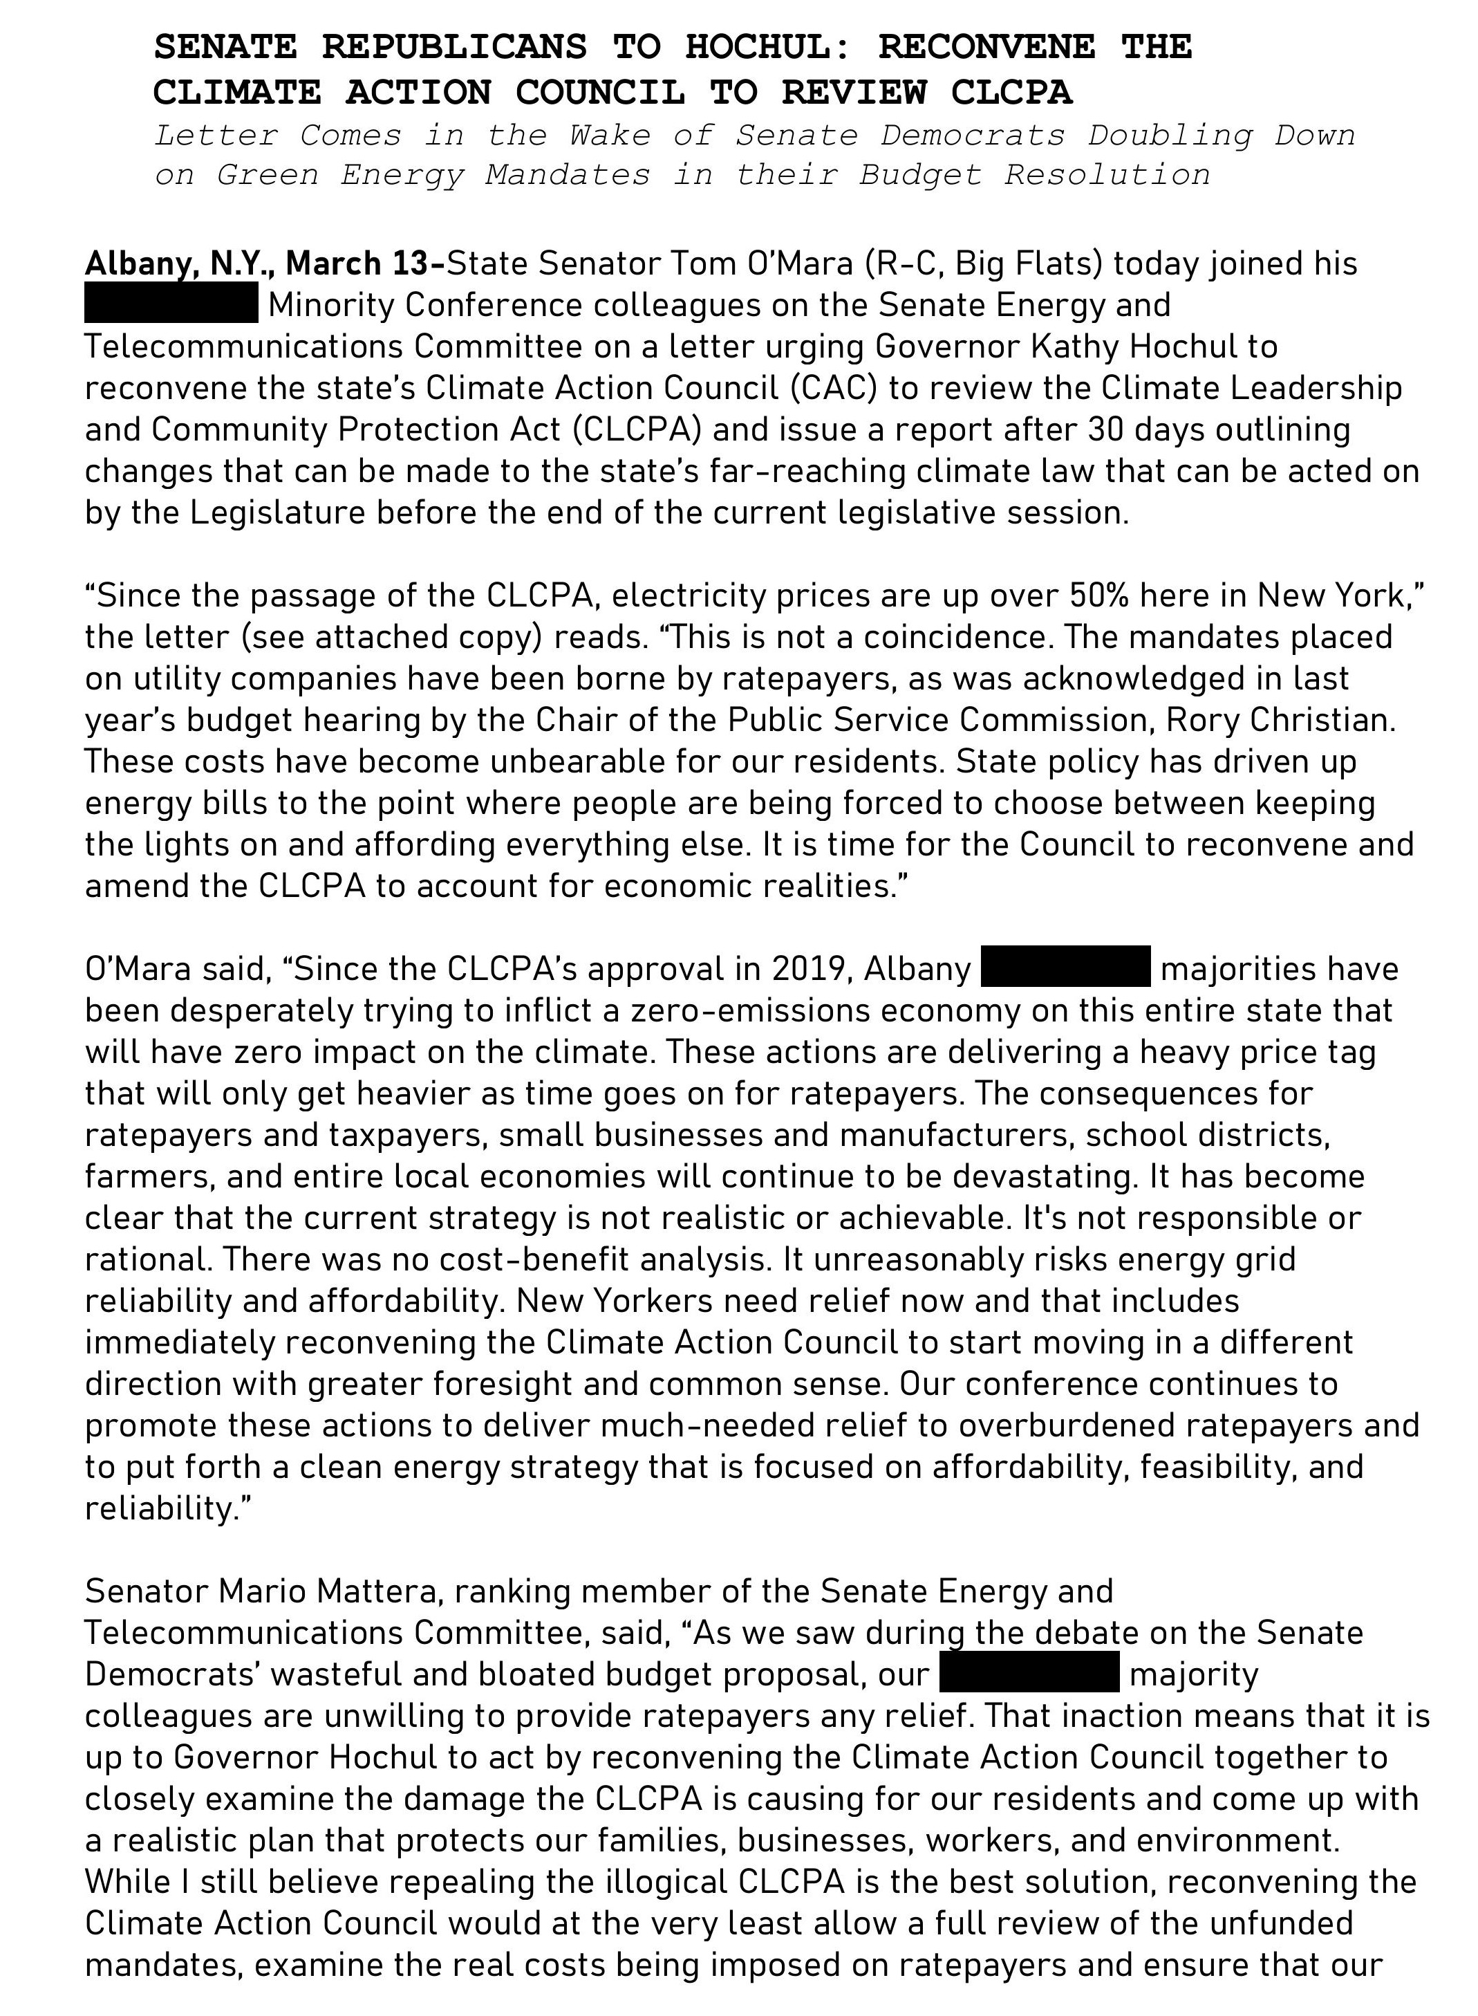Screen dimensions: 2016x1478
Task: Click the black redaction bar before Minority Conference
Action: (171, 305)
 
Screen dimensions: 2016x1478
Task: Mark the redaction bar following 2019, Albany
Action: (1065, 968)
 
